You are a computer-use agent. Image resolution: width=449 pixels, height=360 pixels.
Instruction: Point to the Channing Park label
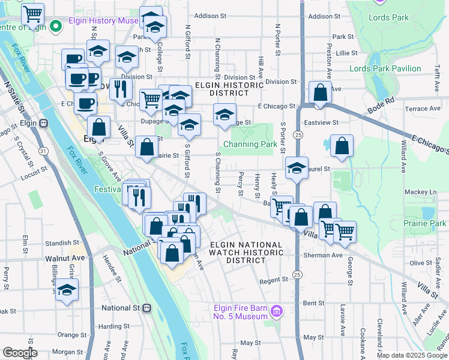pyautogui.click(x=250, y=144)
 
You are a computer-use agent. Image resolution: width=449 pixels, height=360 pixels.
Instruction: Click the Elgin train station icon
pyautogui.click(x=44, y=123)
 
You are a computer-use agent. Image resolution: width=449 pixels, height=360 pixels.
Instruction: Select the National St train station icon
pyautogui.click(x=146, y=308)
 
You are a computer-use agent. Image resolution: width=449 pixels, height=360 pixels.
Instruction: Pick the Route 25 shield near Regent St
pyautogui.click(x=297, y=274)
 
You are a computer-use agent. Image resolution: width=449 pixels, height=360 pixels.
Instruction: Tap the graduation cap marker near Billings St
pyautogui.click(x=67, y=289)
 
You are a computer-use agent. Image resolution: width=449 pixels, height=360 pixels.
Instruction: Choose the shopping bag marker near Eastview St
pyautogui.click(x=342, y=145)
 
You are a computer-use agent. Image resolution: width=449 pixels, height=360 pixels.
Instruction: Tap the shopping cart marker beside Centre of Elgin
pyautogui.click(x=32, y=13)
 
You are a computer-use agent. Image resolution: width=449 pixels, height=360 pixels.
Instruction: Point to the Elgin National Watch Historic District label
pyautogui.click(x=246, y=253)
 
